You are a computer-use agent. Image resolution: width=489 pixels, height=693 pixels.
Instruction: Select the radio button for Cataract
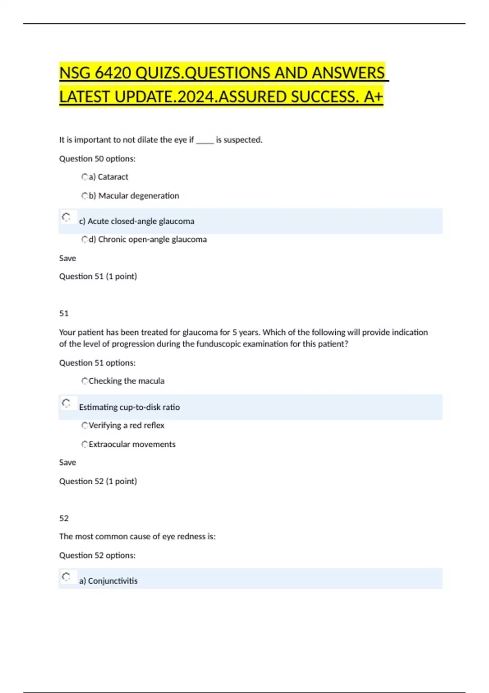(85, 177)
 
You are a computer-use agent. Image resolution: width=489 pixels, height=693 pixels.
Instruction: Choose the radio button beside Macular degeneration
(85, 196)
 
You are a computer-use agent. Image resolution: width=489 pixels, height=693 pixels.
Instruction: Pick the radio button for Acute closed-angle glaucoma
(66, 217)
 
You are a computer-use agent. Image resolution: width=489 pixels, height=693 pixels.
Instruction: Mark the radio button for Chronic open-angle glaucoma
(85, 240)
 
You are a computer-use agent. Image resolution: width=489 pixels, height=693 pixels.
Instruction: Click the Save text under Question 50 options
(68, 258)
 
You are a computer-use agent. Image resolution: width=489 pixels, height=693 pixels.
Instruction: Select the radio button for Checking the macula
(85, 381)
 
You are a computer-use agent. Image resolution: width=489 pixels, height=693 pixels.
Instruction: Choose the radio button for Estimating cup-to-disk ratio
(66, 403)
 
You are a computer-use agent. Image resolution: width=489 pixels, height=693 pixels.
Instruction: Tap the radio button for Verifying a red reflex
(85, 426)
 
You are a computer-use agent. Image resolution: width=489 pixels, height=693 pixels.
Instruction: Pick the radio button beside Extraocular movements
(85, 444)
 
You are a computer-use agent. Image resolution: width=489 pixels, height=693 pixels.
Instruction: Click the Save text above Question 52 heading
(68, 463)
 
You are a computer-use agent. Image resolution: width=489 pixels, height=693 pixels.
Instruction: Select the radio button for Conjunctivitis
(66, 577)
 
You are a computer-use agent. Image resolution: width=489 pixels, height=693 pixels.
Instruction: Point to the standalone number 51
(64, 313)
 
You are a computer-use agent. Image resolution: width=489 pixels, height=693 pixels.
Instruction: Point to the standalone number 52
(64, 519)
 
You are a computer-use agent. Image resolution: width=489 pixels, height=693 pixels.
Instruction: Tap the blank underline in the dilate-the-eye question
(205, 141)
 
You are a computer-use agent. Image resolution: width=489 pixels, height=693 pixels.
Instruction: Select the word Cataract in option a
(113, 177)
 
